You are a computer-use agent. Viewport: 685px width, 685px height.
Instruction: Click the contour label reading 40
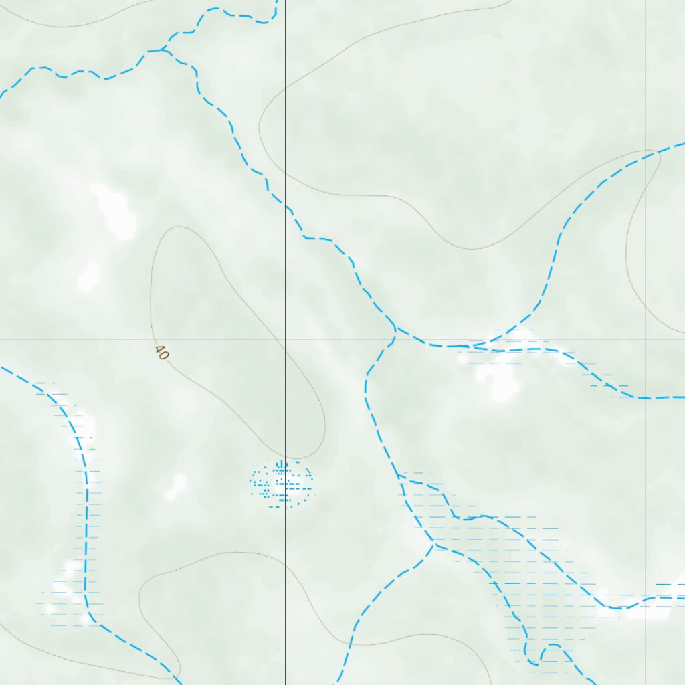point(161,353)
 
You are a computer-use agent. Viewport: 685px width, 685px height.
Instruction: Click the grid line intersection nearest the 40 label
point(286,340)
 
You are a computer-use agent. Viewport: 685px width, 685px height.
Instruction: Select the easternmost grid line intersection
point(646,340)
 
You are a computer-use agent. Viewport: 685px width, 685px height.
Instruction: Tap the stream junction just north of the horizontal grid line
point(395,329)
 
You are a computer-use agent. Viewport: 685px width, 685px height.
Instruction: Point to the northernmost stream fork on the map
point(162,50)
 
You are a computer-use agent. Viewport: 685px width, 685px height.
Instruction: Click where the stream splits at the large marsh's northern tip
point(399,476)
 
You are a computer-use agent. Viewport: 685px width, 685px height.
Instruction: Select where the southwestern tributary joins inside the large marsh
point(434,545)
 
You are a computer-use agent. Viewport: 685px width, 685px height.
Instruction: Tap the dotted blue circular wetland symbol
point(282,484)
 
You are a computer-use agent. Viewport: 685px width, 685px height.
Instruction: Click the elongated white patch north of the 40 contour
point(114,211)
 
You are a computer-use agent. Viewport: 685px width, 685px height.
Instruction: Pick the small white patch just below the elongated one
point(88,278)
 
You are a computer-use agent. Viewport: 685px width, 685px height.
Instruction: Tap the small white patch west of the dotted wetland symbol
point(177,486)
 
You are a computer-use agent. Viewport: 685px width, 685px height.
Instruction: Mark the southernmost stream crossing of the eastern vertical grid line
point(646,598)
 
